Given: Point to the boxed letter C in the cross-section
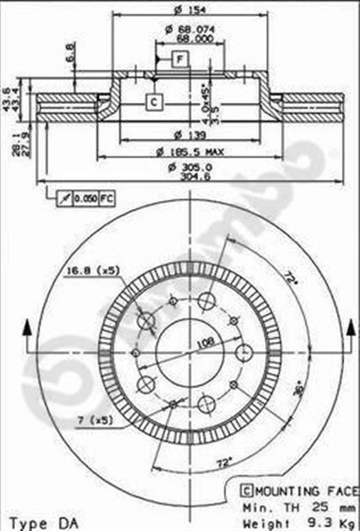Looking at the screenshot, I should (153, 102).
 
